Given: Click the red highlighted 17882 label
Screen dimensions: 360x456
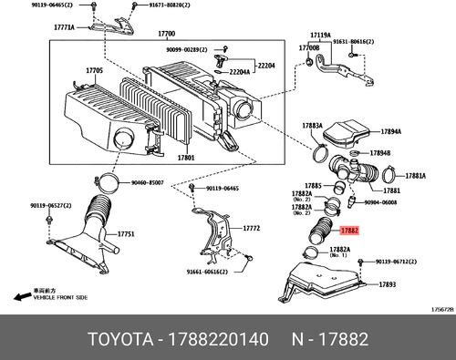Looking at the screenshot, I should click(x=349, y=232).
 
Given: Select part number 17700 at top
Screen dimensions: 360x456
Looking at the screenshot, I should click(x=165, y=35).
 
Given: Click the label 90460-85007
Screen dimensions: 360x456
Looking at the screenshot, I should click(x=144, y=182).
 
